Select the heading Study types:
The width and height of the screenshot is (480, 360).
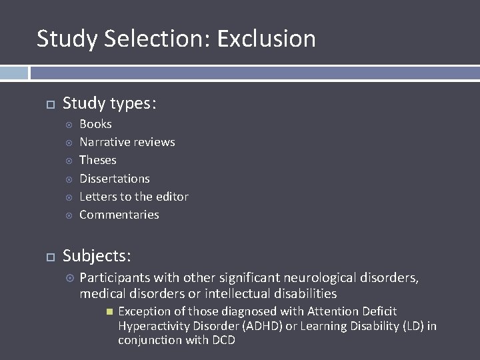109,103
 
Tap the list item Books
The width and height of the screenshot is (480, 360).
95,124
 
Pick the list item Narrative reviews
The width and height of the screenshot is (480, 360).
127,142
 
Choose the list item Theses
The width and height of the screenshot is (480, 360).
97,160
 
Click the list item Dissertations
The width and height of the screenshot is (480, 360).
114,179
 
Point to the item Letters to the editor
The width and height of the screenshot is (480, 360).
133,197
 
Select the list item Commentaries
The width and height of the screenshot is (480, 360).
119,215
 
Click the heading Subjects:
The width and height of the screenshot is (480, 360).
97,256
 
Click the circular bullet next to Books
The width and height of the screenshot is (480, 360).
67,125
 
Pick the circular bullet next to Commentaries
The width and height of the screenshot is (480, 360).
67,215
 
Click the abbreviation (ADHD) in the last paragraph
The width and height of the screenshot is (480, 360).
264,326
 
